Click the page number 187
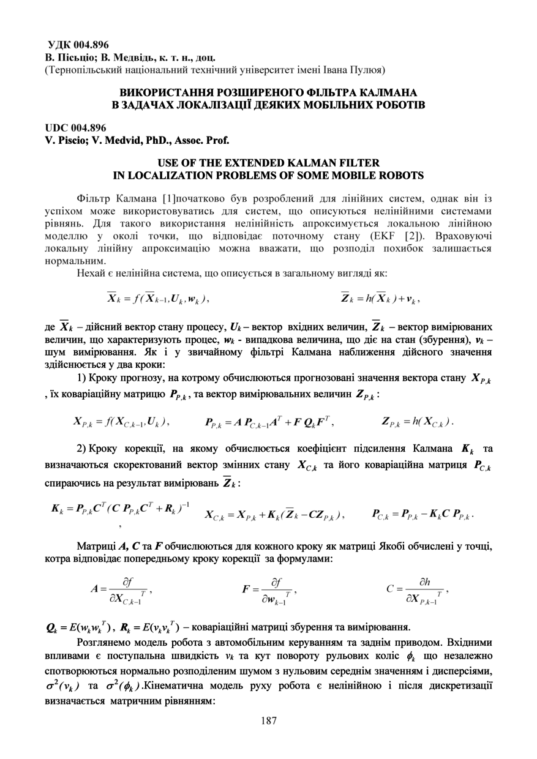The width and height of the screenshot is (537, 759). click(268, 720)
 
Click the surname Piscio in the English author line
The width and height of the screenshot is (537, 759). click(71, 140)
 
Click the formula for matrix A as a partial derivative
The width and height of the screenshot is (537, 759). click(120, 589)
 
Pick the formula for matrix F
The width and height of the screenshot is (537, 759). click(269, 589)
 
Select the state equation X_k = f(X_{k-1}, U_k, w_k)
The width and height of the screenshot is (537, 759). click(158, 299)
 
